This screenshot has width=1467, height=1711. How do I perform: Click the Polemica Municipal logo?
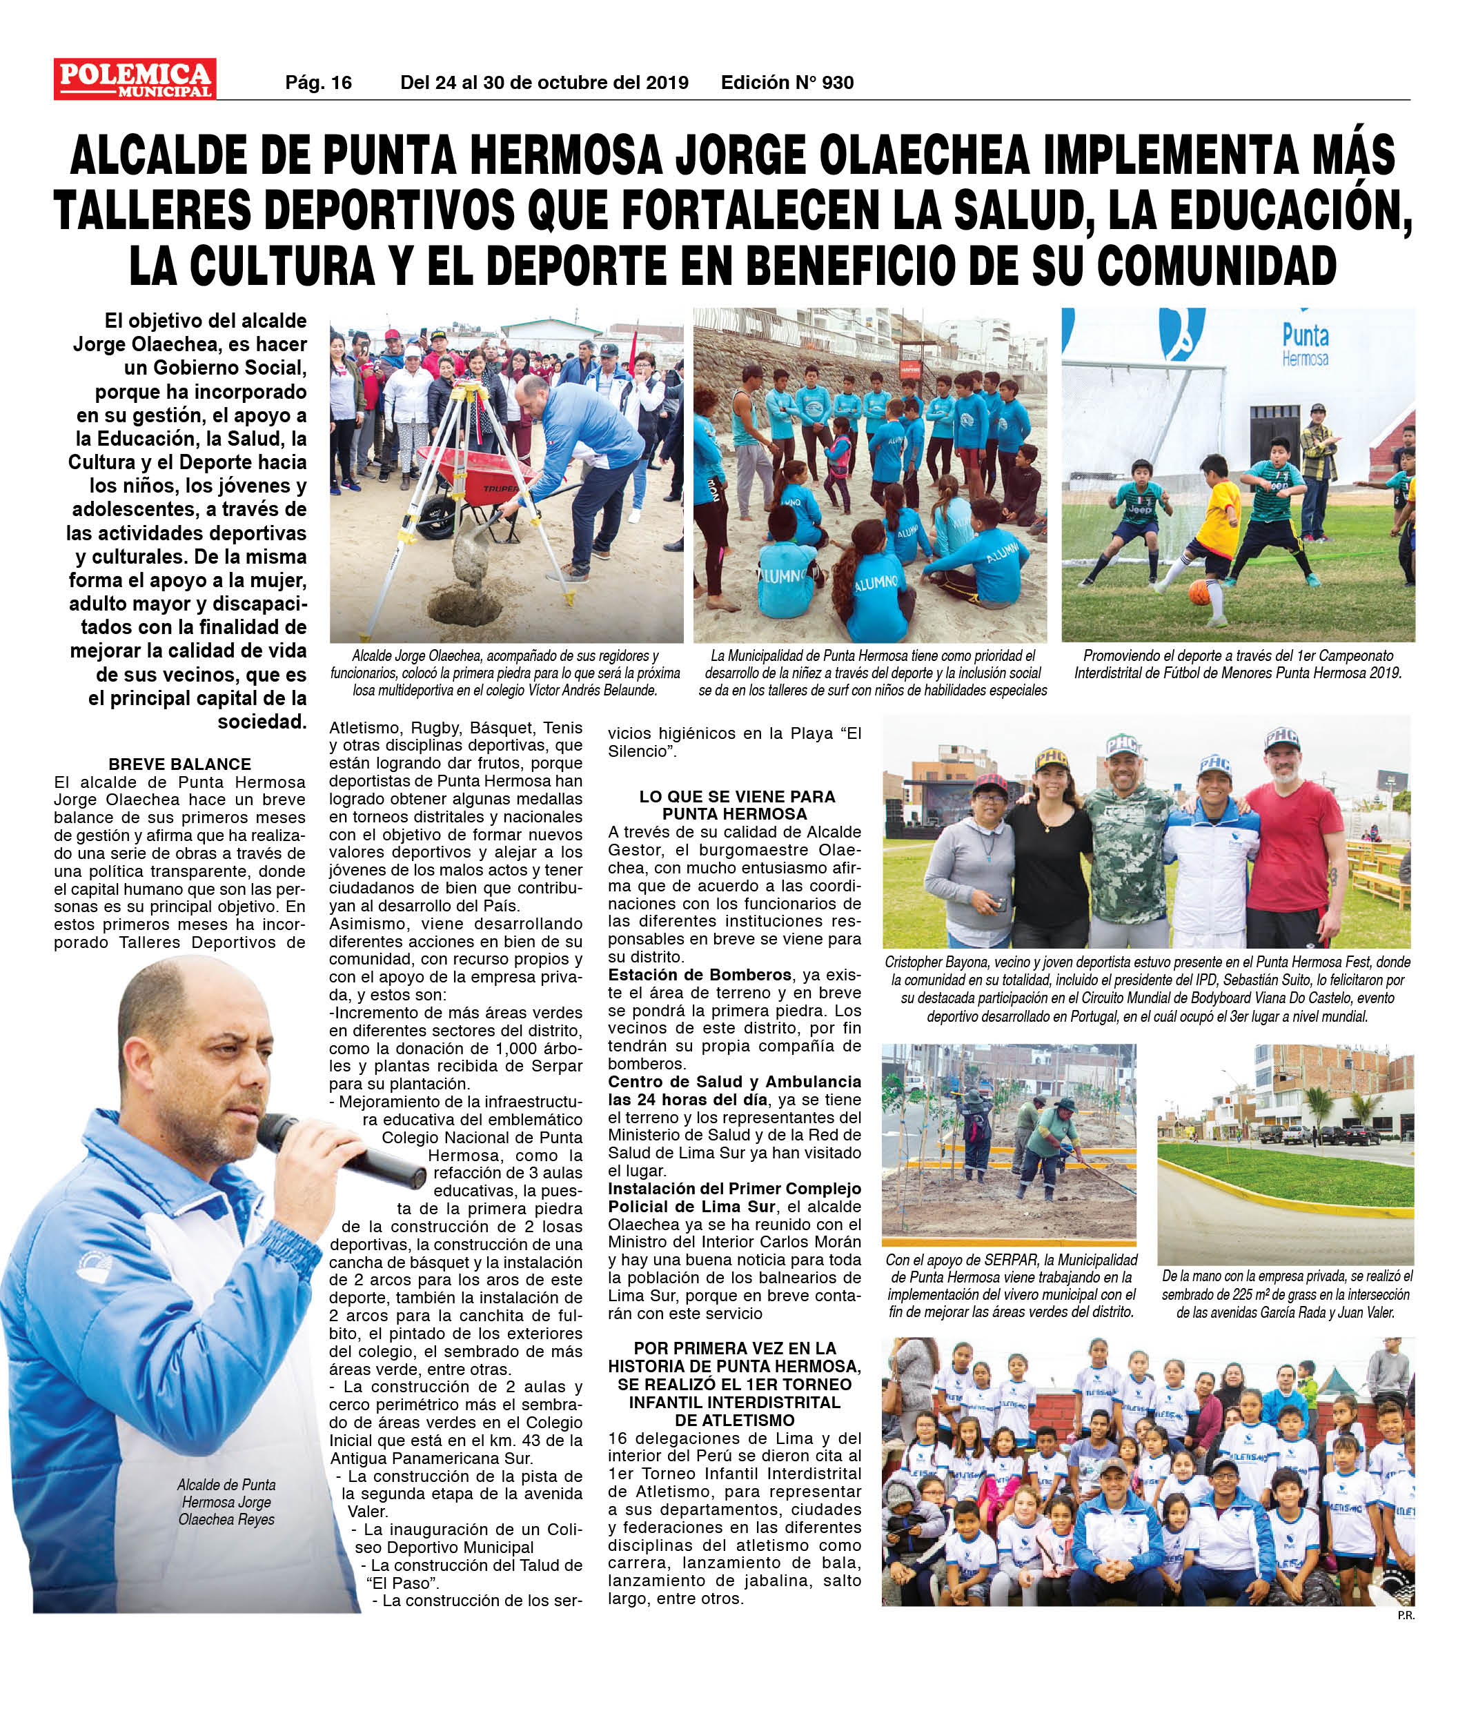pyautogui.click(x=135, y=79)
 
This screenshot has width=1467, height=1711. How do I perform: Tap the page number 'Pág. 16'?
pyautogui.click(x=318, y=83)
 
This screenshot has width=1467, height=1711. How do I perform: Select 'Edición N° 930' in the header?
pyautogui.click(x=787, y=83)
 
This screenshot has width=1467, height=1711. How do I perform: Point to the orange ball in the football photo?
pyautogui.click(x=1199, y=592)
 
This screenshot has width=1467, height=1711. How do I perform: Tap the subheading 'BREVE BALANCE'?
pyautogui.click(x=179, y=764)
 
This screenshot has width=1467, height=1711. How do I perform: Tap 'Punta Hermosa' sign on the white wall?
pyautogui.click(x=1305, y=344)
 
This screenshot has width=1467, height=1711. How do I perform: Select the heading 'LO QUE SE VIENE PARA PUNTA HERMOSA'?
pyautogui.click(x=737, y=805)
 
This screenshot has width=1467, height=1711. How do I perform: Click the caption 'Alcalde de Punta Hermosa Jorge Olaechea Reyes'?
pyautogui.click(x=226, y=1502)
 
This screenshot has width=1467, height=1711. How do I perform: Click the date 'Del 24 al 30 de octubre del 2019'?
pyautogui.click(x=544, y=83)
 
